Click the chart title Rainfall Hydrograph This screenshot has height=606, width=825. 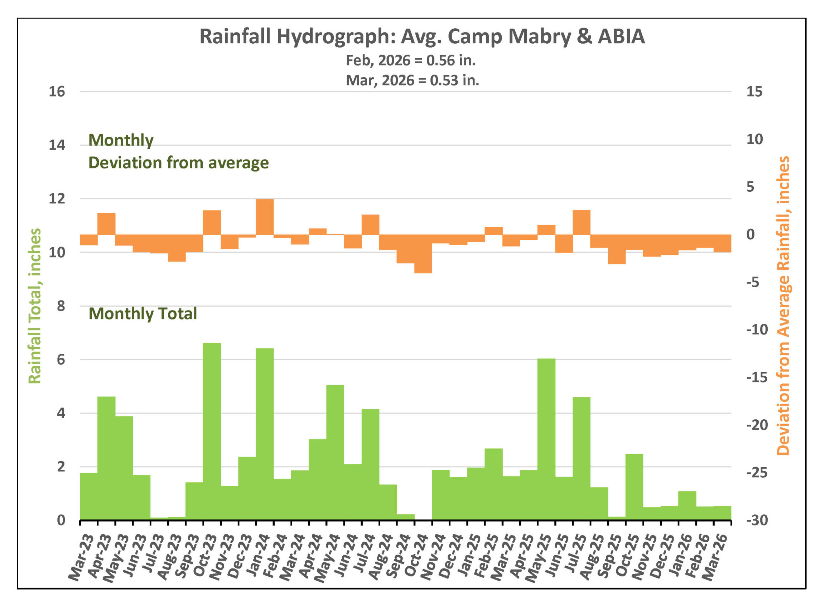point(422,37)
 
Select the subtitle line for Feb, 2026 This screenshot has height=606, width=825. point(410,60)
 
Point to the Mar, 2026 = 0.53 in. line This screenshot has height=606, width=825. point(412,80)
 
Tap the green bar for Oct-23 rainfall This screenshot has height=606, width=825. point(212,431)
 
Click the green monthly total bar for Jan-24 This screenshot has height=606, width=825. point(265,434)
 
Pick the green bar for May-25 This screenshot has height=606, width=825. point(546,439)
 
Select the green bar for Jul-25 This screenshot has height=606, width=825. point(581,458)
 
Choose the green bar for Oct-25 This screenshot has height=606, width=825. point(634,487)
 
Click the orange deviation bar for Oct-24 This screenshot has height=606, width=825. point(423,254)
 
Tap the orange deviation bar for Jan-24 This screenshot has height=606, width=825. point(265,217)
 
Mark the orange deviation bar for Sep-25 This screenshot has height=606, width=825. point(617,249)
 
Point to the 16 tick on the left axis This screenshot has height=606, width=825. point(57,92)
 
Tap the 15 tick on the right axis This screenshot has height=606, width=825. point(754,92)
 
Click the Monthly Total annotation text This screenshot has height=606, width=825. point(143,314)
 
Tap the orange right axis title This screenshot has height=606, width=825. point(783,306)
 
